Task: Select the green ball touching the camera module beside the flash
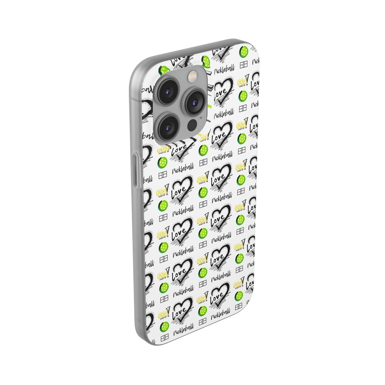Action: (x=206, y=61)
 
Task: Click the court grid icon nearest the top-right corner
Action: (x=243, y=65)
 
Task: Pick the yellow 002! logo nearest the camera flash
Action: (x=204, y=135)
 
